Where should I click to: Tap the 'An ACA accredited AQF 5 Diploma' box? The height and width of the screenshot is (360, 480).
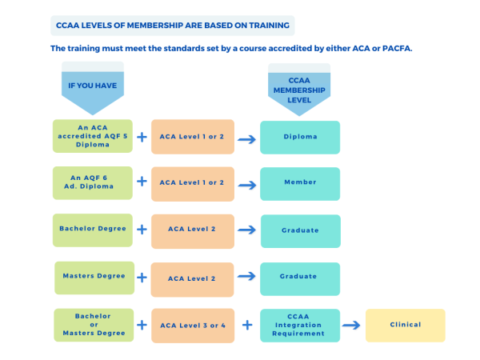pos(92,137)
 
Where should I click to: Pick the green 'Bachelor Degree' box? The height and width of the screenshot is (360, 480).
pos(92,230)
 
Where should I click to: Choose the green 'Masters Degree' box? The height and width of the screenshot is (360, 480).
pos(93,277)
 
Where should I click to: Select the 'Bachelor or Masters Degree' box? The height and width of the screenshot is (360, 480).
pos(92,324)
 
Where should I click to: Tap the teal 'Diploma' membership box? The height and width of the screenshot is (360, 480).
pos(300,137)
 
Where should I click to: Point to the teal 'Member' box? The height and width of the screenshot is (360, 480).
pos(300,182)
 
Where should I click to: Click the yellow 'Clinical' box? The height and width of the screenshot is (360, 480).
pos(405,325)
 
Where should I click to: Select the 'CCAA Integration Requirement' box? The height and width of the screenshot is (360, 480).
pos(300,325)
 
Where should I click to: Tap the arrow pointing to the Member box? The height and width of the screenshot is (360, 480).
pos(247,184)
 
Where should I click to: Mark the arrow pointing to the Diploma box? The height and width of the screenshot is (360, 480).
pos(247,138)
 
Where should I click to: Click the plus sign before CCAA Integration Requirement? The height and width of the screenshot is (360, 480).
pos(247,325)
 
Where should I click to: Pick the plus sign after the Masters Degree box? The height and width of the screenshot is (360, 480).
pos(142,278)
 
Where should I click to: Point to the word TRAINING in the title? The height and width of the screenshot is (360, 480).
pos(266,26)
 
